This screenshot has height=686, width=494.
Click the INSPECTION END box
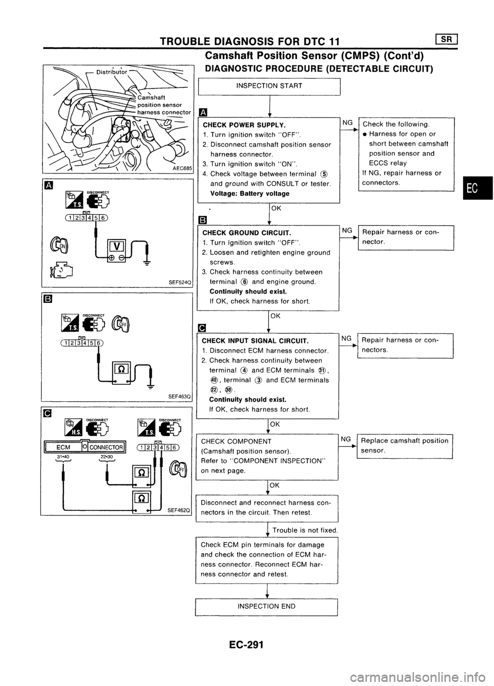point(266,606)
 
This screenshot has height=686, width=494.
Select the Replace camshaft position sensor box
point(404,445)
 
